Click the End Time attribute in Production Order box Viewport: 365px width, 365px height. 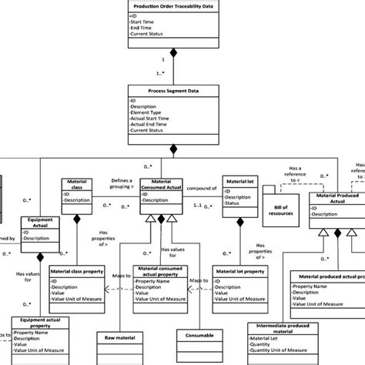(x=146, y=28)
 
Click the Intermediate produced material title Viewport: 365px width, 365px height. (x=283, y=330)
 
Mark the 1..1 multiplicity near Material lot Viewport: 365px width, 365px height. (x=199, y=206)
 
